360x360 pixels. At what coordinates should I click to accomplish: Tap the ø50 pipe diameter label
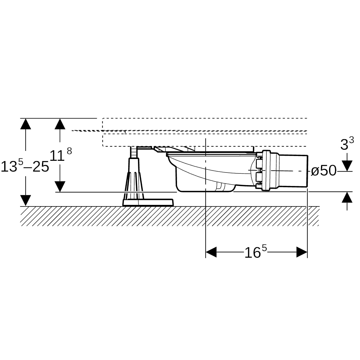click(x=324, y=171)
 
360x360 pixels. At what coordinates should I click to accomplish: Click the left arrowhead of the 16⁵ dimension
click(x=211, y=252)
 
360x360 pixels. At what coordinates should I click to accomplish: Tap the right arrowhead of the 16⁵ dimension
click(x=302, y=252)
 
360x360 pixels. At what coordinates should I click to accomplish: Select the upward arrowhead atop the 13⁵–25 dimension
click(x=25, y=124)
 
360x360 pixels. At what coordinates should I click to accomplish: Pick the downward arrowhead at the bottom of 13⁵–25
click(x=25, y=200)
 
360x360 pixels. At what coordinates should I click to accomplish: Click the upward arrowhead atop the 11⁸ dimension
click(x=60, y=124)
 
